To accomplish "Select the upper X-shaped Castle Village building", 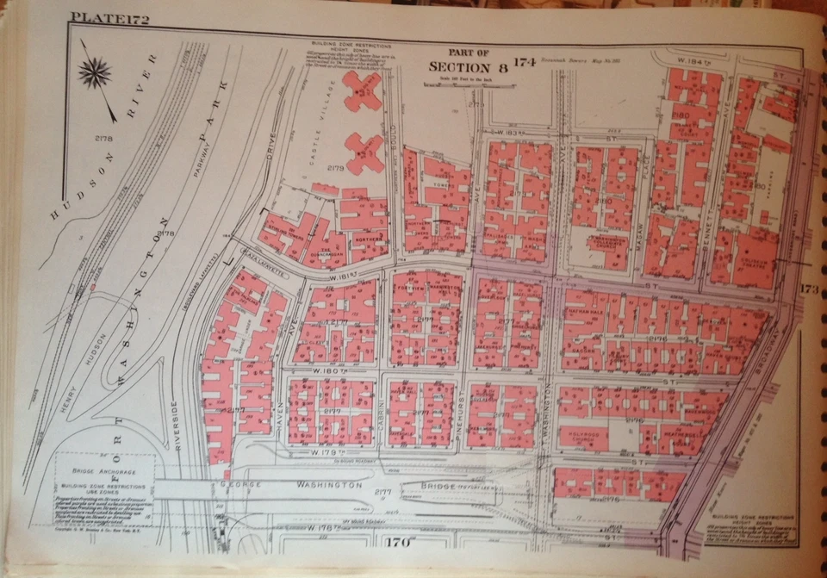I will coord(363,90).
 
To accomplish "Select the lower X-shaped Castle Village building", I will coord(363,153).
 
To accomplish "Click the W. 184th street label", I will coord(693,61).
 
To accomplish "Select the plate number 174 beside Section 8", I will coord(525,60).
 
